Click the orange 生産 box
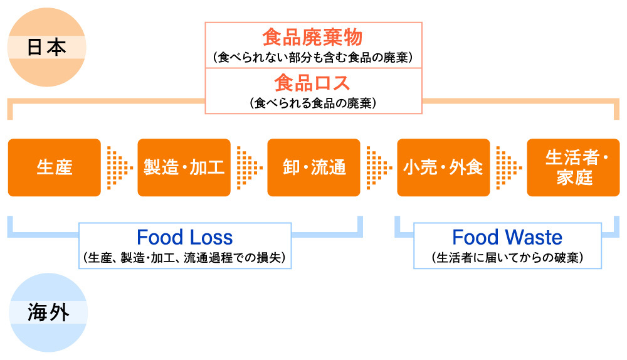tap(55, 167)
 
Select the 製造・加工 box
tap(184, 167)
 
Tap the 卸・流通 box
tap(314, 167)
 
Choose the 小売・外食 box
tap(444, 167)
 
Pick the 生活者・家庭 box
tap(574, 167)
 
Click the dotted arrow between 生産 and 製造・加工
tap(119, 167)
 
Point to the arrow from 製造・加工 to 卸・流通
tap(249, 167)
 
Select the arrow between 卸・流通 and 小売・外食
tap(379, 167)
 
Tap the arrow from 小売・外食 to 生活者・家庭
tap(508, 167)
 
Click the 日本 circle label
tap(46, 48)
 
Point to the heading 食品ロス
tap(312, 83)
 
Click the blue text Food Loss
tap(184, 238)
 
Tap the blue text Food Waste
tap(507, 238)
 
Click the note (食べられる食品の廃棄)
tap(312, 102)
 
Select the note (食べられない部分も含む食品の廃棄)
tap(312, 58)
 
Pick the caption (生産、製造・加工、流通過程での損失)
tap(184, 257)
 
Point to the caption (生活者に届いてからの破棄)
tap(507, 257)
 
